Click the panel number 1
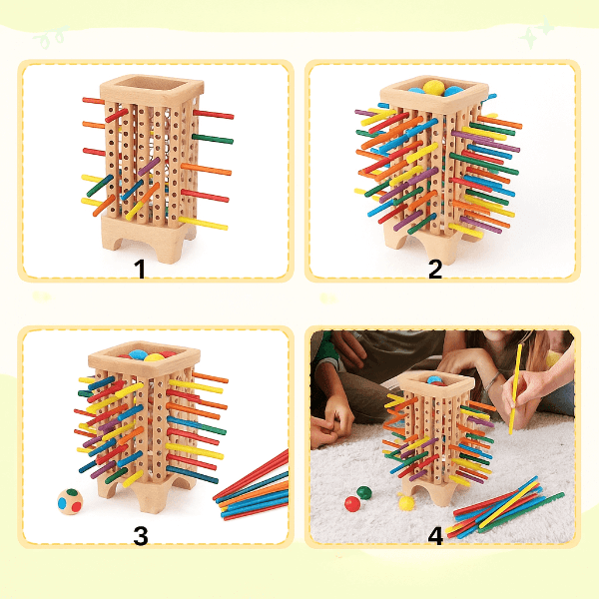(140, 269)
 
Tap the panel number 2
(435, 269)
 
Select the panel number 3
(141, 535)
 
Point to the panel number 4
(435, 535)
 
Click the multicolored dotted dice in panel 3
(70, 501)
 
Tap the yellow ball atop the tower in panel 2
(433, 87)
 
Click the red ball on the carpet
(352, 504)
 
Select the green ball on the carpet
(364, 492)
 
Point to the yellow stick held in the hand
(515, 389)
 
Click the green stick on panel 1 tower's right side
(213, 139)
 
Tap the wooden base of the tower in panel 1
(148, 237)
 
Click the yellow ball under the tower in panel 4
(406, 502)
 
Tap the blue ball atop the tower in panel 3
(138, 354)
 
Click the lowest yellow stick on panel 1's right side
(203, 223)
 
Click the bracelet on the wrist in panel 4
(493, 381)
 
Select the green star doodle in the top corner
(535, 33)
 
